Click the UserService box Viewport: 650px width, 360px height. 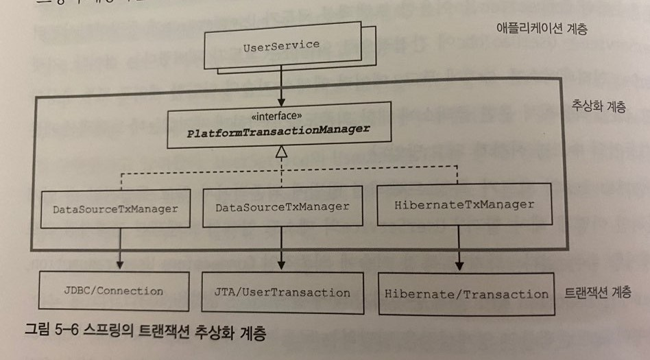pos(281,46)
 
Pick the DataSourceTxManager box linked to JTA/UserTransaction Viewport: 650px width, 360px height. pos(282,206)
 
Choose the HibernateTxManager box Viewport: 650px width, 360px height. pos(464,204)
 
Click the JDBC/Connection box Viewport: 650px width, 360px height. pos(114,291)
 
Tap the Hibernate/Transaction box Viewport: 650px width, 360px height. pos(466,294)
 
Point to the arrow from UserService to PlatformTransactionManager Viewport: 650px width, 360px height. pos(281,85)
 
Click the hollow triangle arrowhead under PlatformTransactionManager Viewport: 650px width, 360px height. pos(280,156)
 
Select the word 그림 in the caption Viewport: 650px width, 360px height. pos(38,335)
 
